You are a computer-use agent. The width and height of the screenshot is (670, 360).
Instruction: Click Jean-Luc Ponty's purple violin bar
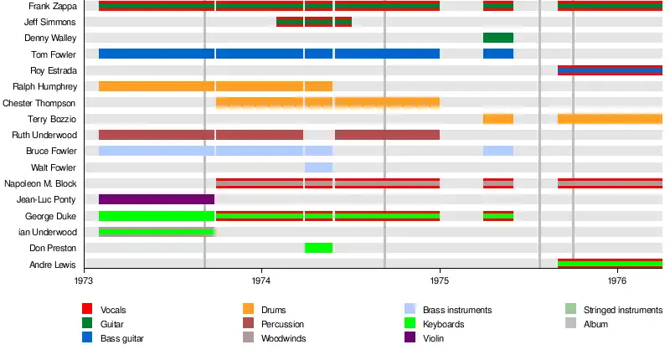click(157, 199)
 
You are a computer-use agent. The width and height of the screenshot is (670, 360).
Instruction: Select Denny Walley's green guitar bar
click(498, 38)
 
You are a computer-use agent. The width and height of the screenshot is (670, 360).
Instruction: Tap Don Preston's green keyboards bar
click(318, 248)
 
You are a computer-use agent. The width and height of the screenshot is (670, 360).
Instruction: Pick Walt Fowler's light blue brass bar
click(318, 167)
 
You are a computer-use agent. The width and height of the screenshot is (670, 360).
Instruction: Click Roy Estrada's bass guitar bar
click(610, 70)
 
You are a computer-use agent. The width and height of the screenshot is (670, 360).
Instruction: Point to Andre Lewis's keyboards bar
click(610, 264)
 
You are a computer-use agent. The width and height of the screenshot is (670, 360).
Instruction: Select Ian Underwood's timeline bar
click(157, 232)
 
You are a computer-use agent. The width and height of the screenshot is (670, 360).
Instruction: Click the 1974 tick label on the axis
click(261, 280)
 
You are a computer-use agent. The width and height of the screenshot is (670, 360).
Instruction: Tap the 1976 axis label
click(617, 280)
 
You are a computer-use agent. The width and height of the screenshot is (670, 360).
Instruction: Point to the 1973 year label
click(84, 280)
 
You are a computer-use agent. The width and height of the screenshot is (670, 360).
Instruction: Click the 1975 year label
click(440, 280)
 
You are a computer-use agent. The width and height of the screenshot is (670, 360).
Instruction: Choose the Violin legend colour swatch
click(410, 337)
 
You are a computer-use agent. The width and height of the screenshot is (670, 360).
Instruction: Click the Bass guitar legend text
click(121, 338)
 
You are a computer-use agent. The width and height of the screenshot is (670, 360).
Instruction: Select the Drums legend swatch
click(248, 309)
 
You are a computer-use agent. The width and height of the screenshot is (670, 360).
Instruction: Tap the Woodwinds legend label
click(283, 338)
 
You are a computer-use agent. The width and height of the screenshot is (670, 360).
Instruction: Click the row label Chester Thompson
click(39, 103)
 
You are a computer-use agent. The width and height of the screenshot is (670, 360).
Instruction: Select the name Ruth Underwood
click(44, 135)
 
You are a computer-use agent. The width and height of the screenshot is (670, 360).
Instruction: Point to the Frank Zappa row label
click(53, 6)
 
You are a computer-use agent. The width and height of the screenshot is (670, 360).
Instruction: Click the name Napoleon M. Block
click(40, 183)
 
